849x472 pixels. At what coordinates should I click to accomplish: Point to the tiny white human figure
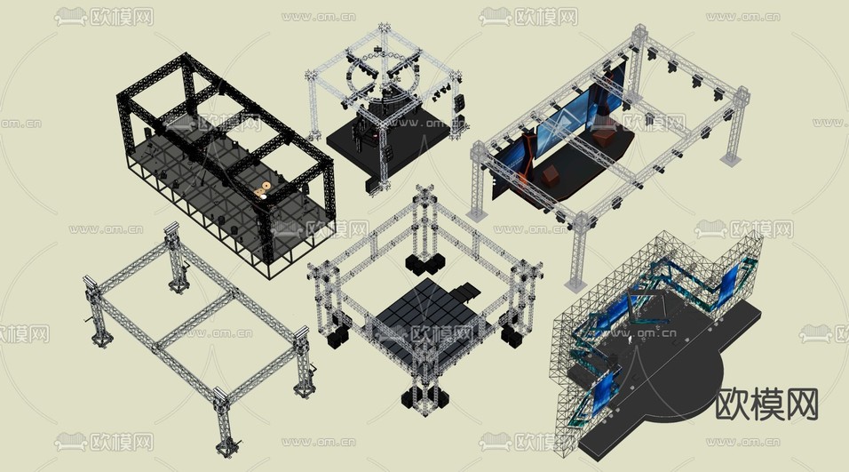(631, 340)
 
